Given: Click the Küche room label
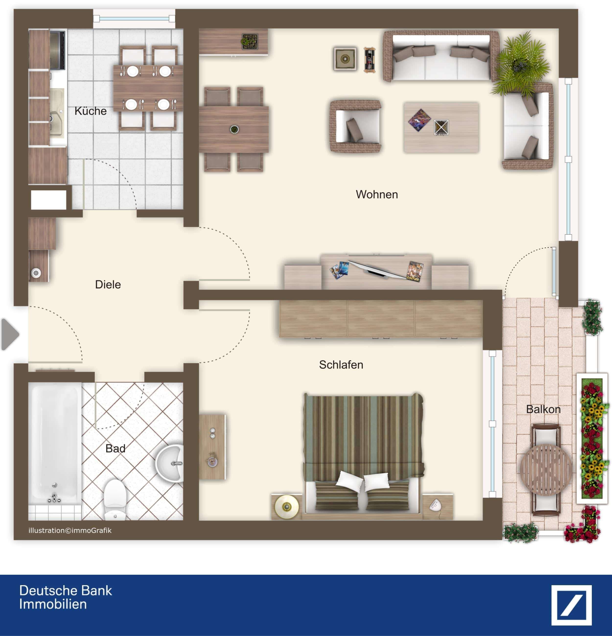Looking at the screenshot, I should (x=91, y=111).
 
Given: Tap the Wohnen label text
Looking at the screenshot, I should (x=377, y=194).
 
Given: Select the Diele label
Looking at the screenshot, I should (x=108, y=284).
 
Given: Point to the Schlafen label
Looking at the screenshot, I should (x=341, y=365).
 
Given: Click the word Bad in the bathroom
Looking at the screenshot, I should (x=115, y=448).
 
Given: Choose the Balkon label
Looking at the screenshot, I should (x=543, y=409).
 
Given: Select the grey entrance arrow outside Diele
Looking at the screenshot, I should (x=10, y=334).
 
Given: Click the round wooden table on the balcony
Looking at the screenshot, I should (x=546, y=470).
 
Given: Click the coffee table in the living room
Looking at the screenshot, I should (x=441, y=127).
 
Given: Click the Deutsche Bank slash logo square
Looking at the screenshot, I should (x=571, y=605).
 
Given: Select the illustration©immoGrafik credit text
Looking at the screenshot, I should (x=70, y=530).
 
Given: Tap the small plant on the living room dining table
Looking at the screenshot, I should (x=234, y=130).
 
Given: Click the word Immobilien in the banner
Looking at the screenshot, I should (x=53, y=604).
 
